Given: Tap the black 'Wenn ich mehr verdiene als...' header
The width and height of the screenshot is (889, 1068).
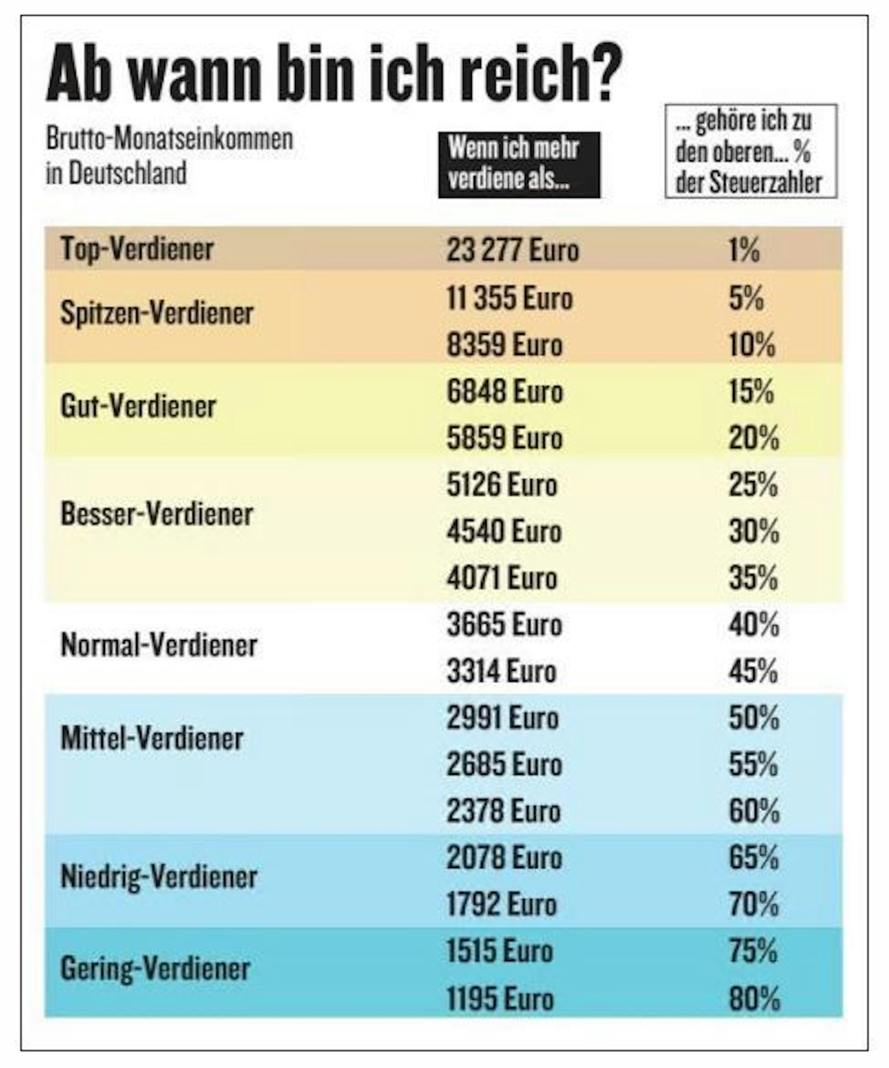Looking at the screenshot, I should coord(519,165).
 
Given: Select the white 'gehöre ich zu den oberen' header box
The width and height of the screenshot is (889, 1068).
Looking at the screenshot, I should coord(750,151).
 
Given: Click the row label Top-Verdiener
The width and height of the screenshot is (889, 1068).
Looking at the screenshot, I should coord(137,249).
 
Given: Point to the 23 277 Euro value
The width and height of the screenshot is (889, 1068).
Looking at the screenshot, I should coord(513,250).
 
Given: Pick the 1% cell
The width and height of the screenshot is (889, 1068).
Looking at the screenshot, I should coord(744,250).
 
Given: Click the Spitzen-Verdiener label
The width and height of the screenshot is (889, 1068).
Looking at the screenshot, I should coord(157,313).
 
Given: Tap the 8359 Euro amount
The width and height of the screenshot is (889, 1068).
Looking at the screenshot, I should coord(505,345).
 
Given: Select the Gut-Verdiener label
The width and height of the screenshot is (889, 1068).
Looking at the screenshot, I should coord(139,406).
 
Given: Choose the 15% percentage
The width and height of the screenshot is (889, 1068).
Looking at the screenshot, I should coord(752,392).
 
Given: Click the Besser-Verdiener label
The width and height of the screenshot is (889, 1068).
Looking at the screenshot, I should coord(157,514).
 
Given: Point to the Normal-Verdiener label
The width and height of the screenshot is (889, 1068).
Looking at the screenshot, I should coord(159,645).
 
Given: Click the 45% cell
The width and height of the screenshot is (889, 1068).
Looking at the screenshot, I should coord(753,671).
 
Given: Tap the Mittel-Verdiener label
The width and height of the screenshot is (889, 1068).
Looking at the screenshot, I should coord(152,738).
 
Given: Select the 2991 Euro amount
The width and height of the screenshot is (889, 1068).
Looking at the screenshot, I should coord(503,718).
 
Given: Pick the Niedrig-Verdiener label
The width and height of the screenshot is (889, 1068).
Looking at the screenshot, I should coord(159,877).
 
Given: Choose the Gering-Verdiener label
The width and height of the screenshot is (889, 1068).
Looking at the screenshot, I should coord(155,969).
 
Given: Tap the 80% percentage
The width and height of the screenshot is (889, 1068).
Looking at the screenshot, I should coord(754,998).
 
